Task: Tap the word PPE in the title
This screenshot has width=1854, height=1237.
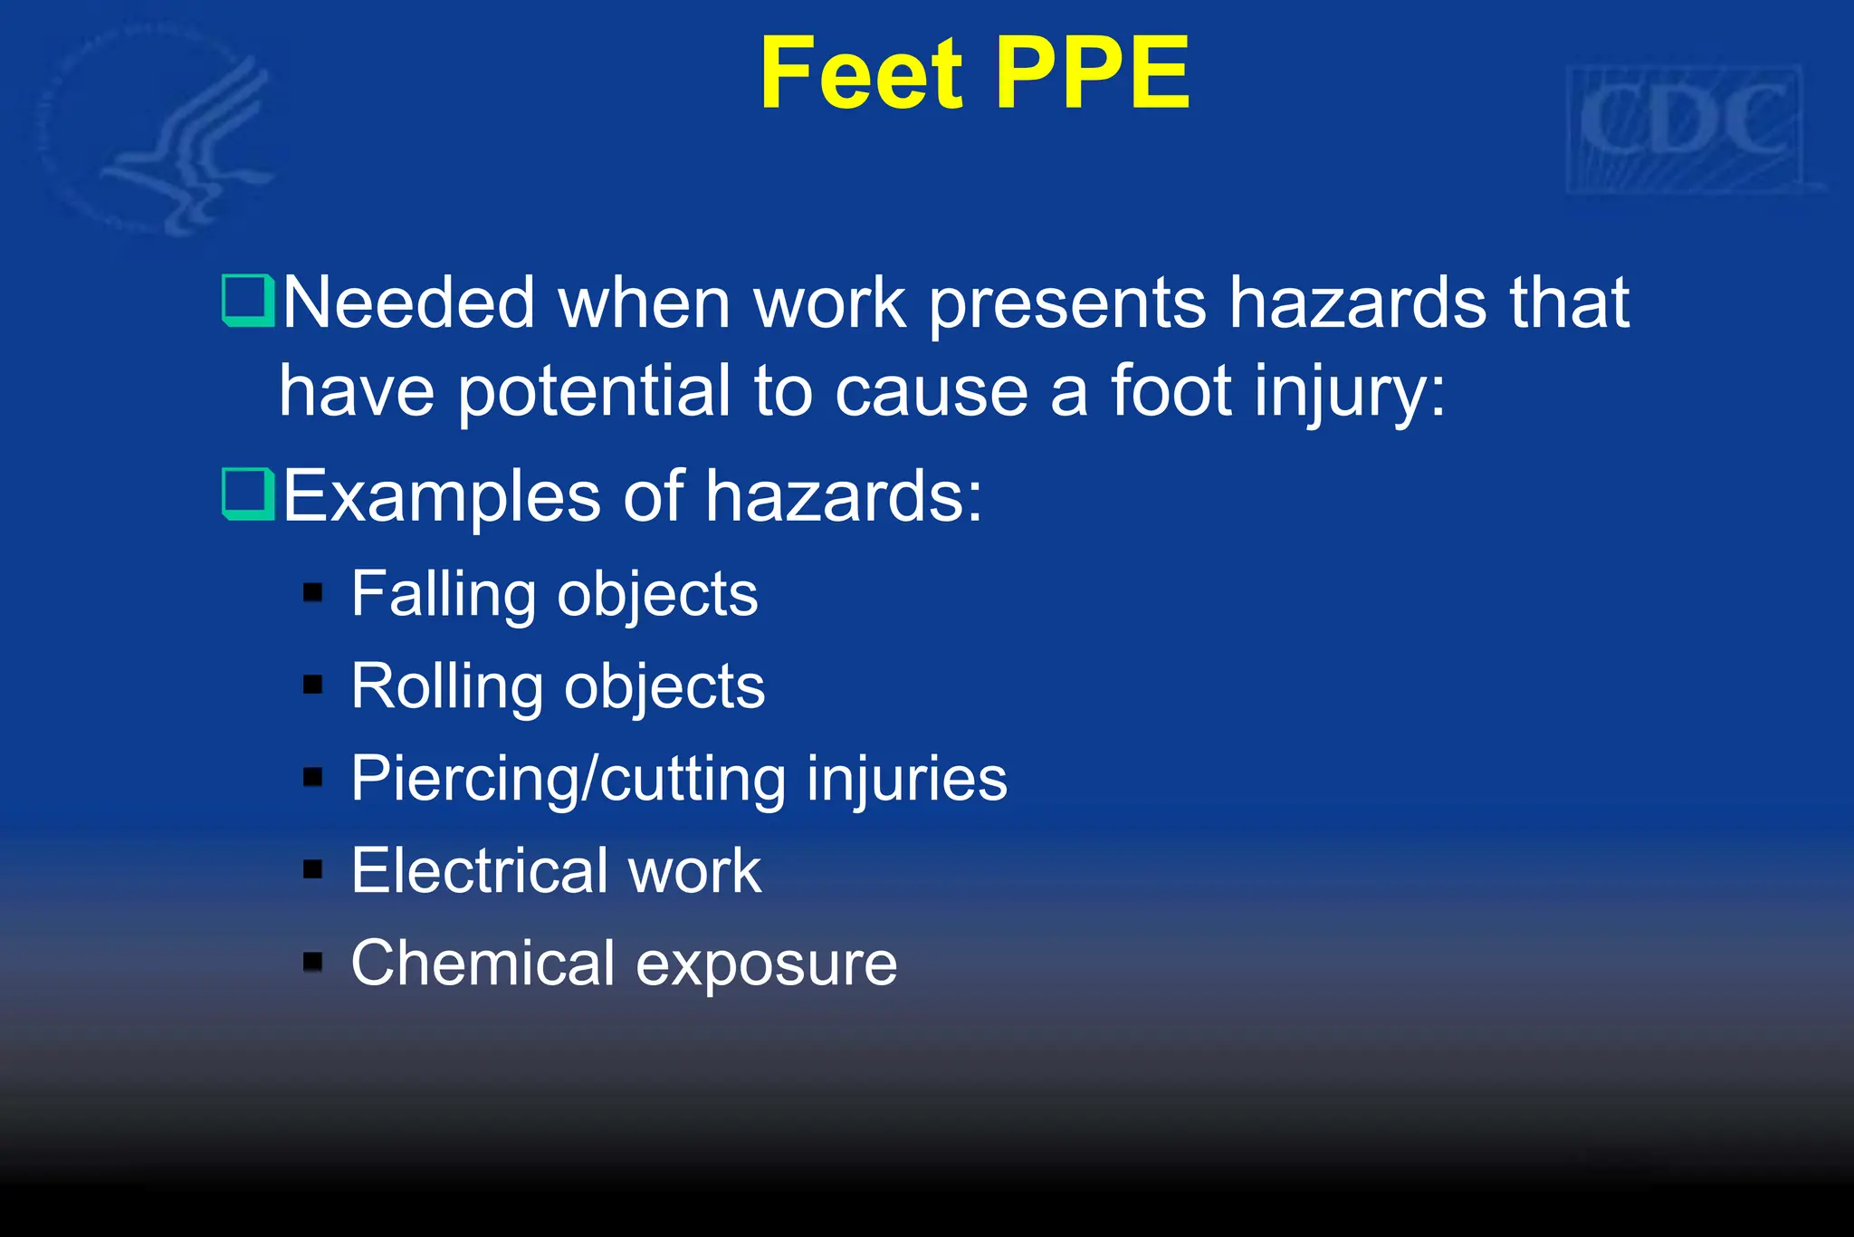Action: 1092,74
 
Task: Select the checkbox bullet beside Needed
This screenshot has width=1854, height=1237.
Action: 247,301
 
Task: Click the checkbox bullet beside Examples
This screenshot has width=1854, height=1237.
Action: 247,494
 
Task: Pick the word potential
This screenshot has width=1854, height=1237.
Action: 595,392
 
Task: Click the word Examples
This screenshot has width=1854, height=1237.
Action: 442,496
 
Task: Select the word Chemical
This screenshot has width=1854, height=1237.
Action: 483,963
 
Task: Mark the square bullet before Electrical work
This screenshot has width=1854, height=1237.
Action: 313,870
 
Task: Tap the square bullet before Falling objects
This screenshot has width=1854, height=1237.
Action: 313,593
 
